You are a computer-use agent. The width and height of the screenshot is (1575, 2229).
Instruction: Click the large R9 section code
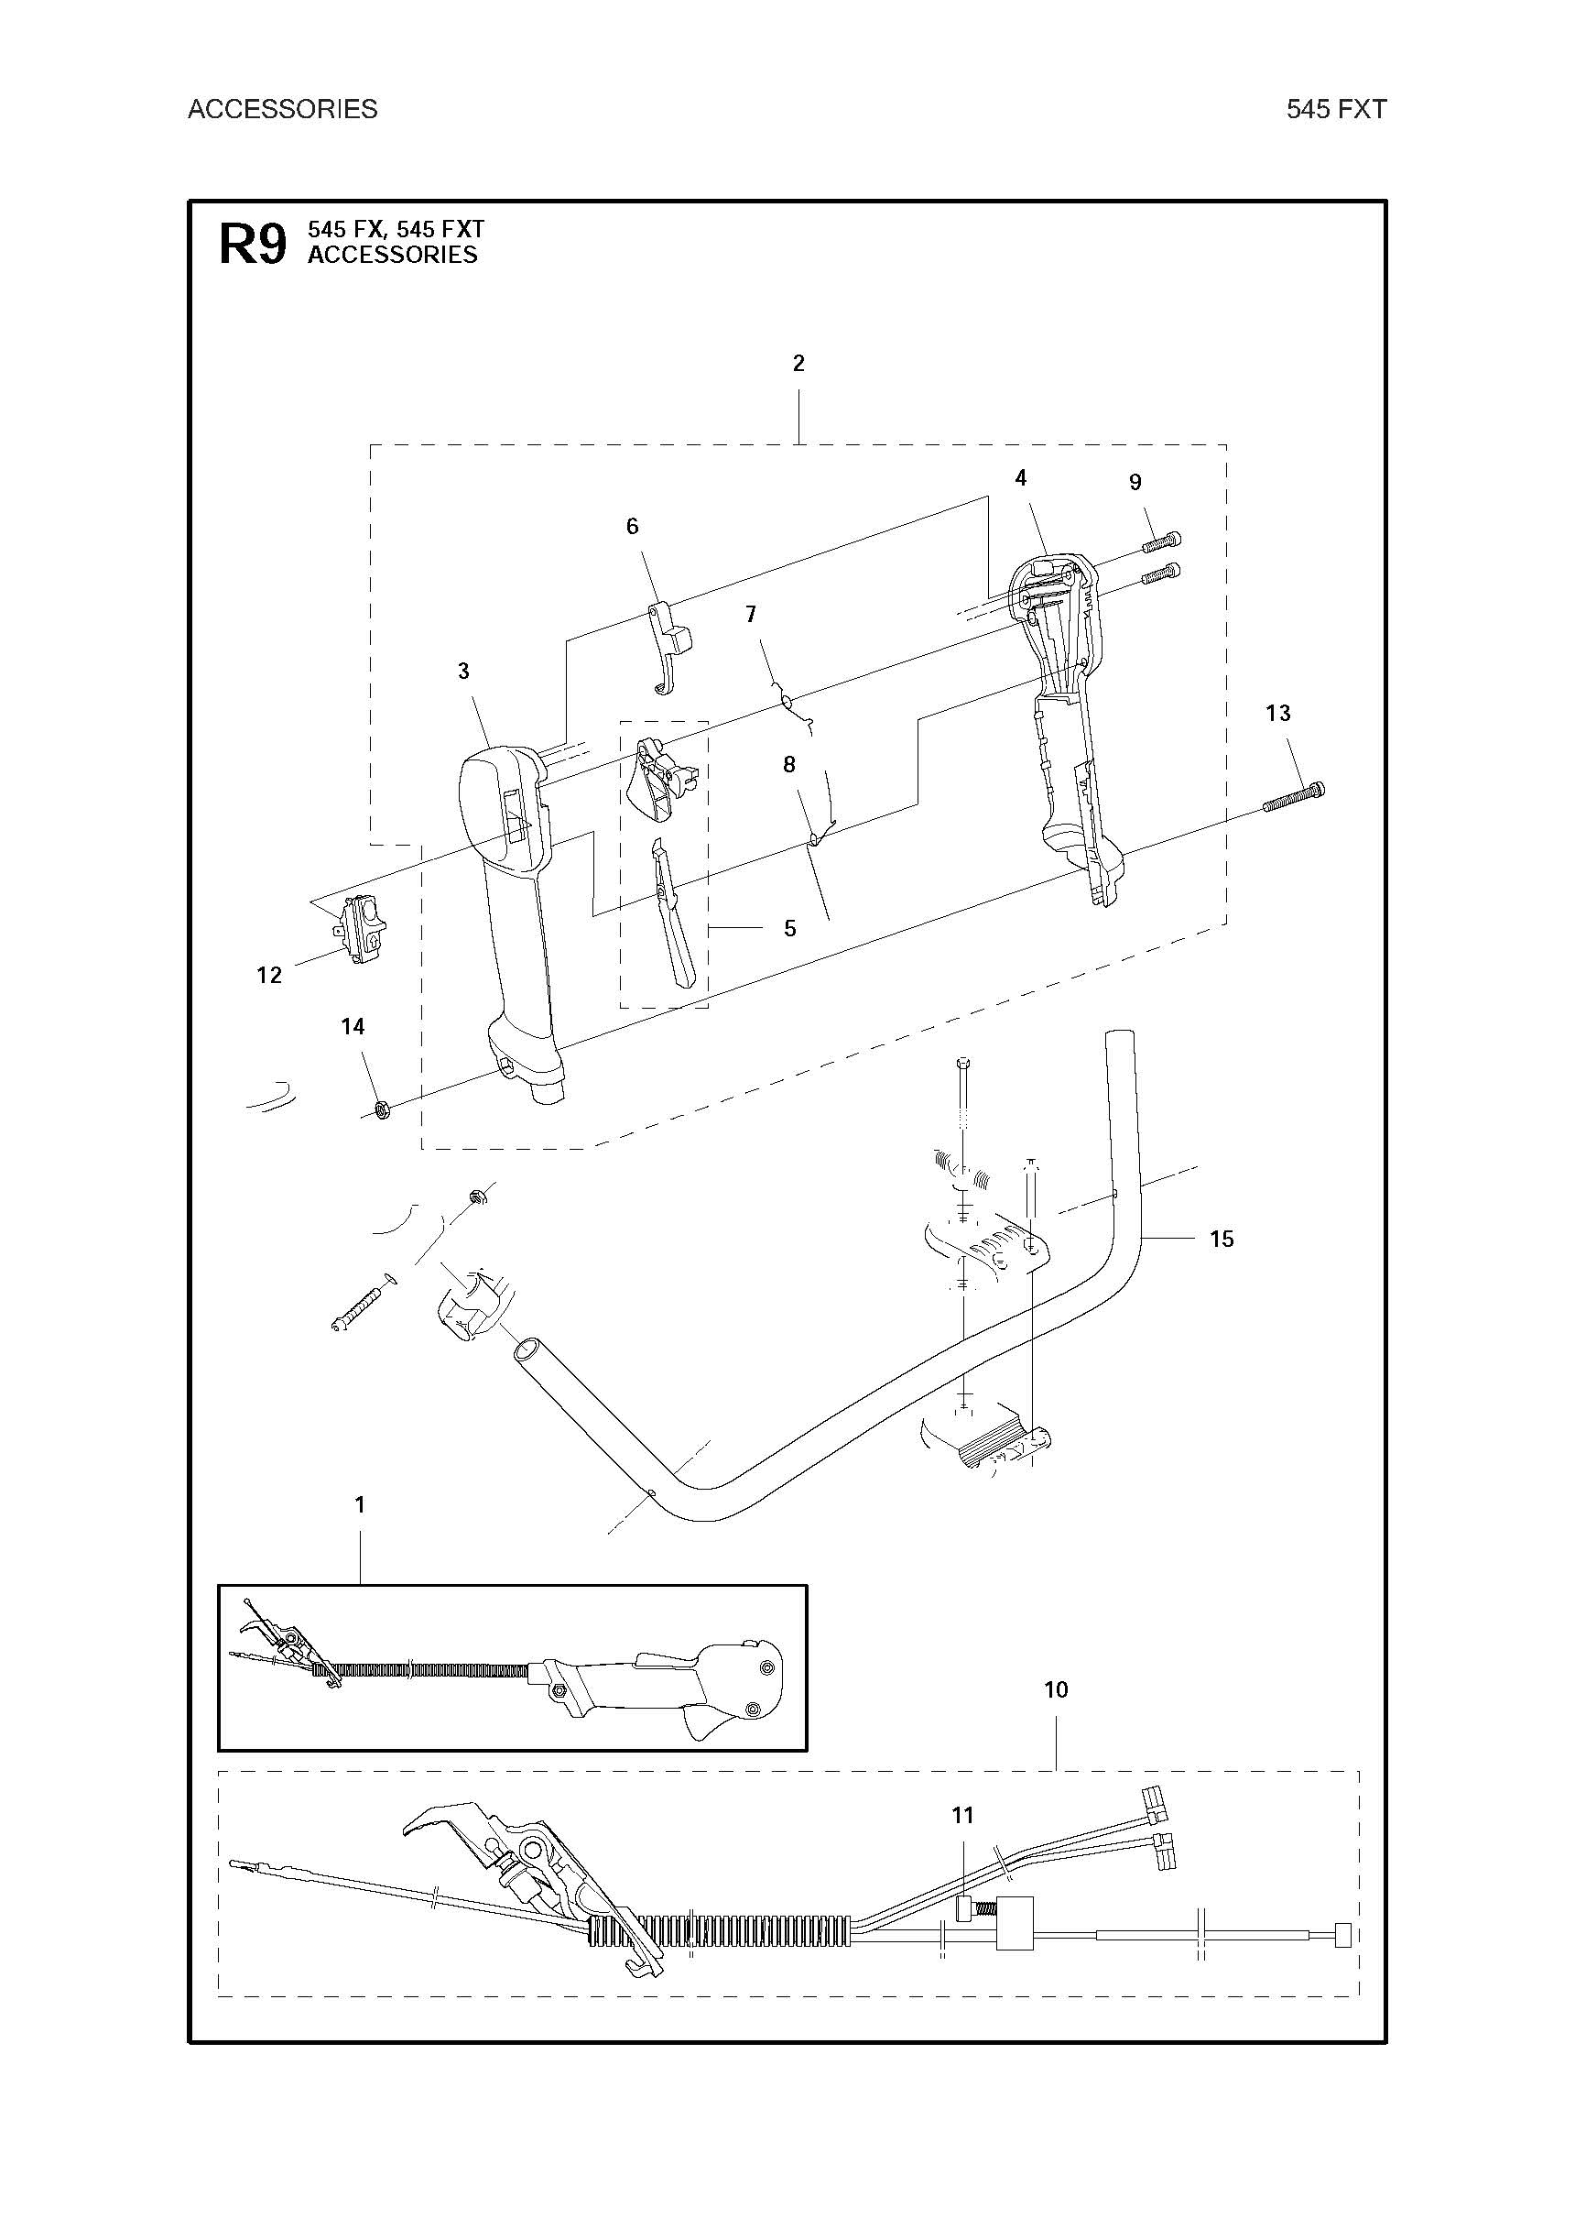pos(254,244)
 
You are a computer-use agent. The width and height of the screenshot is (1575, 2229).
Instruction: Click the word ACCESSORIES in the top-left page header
pos(282,109)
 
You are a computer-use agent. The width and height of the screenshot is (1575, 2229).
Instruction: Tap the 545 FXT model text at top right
pos(1336,109)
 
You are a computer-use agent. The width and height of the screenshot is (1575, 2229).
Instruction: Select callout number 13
pos(1278,714)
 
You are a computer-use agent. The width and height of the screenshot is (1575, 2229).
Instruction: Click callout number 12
pos(269,975)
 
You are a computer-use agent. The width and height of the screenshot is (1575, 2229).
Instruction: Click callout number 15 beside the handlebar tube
pos(1221,1239)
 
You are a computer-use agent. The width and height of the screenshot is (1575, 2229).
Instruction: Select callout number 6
pos(633,526)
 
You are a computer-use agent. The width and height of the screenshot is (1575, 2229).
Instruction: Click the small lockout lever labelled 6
pos(668,649)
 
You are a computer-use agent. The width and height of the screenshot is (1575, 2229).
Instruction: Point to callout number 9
pos(1135,483)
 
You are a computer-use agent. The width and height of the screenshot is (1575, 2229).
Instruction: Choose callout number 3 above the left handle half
pos(464,671)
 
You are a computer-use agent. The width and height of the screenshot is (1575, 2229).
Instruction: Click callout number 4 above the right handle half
pos(1021,477)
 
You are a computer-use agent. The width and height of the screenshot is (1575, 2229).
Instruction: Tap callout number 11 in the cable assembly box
pos(961,1816)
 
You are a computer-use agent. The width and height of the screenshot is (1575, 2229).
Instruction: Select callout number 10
pos(1056,1689)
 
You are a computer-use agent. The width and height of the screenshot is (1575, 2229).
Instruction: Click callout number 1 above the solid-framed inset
pos(360,1504)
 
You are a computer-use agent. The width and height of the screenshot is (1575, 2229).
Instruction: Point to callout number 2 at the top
pos(798,363)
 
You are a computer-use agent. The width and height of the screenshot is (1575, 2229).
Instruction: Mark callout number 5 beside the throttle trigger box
pos(790,929)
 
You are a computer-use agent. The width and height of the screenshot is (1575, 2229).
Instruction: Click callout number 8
pos(789,765)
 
